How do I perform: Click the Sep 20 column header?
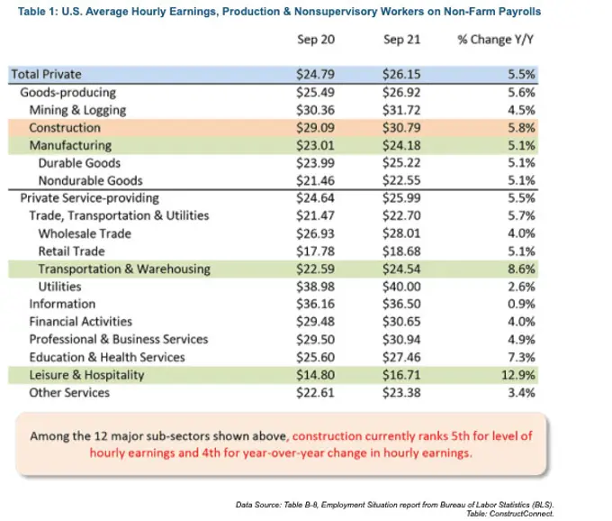click(316, 40)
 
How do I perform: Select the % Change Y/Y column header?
click(495, 40)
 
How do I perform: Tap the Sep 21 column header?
click(401, 40)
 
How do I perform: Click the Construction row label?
click(65, 128)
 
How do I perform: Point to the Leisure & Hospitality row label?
click(86, 375)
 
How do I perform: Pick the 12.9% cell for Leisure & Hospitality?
click(518, 375)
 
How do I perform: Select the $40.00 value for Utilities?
click(401, 287)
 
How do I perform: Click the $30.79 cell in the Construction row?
click(401, 128)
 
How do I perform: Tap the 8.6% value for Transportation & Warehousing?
click(521, 269)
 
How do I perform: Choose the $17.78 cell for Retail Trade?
click(315, 251)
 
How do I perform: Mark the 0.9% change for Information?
click(521, 304)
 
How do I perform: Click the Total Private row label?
click(47, 74)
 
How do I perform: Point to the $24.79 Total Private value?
click(315, 74)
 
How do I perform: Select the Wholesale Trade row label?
click(85, 233)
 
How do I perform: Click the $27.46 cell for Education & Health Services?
click(401, 357)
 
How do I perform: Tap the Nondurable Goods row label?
click(91, 180)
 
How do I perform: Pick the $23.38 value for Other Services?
click(401, 392)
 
